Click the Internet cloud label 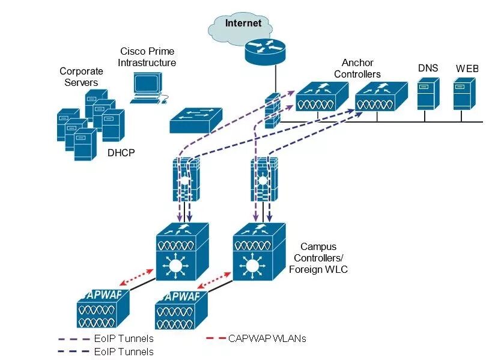click(x=243, y=23)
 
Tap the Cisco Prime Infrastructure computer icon click(x=148, y=88)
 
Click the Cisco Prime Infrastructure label click(x=147, y=57)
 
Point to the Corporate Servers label click(x=81, y=77)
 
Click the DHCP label click(x=121, y=153)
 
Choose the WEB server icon click(x=464, y=94)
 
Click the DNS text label click(x=428, y=68)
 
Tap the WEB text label click(x=467, y=69)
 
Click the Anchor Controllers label click(x=357, y=69)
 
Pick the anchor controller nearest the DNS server click(x=381, y=97)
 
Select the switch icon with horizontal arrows click(x=196, y=120)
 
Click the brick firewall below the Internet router click(x=273, y=111)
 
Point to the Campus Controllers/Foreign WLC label click(x=318, y=258)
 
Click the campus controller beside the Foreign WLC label click(x=259, y=252)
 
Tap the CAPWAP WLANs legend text click(x=267, y=338)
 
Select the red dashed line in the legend click(x=216, y=338)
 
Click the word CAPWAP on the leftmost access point click(x=103, y=294)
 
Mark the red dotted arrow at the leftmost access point click(x=137, y=277)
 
